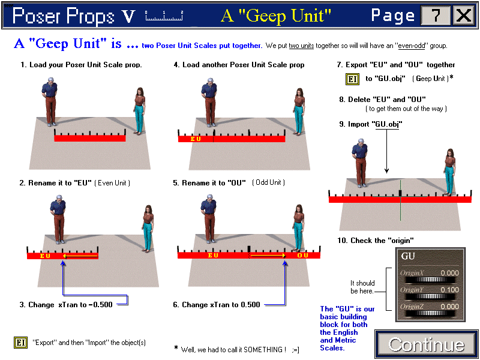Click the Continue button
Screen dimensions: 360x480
click(426, 344)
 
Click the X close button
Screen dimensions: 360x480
click(463, 15)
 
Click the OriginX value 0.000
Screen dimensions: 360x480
click(448, 273)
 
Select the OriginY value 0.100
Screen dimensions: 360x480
click(448, 290)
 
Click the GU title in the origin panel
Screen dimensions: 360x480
click(408, 257)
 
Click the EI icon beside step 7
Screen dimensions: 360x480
click(352, 79)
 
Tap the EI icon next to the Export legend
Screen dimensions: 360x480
click(20, 343)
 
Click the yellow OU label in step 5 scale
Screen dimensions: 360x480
click(302, 255)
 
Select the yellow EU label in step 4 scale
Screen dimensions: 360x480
click(196, 139)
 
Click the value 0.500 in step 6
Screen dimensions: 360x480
click(250, 305)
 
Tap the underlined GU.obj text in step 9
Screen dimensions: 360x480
click(387, 124)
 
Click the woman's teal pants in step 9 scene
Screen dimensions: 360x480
click(448, 182)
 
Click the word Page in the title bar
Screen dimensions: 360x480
click(392, 15)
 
